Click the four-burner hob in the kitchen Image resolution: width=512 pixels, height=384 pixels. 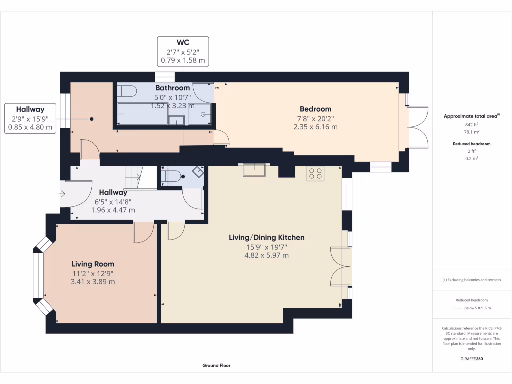(x=315, y=173)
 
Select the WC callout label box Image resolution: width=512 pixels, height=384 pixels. (x=183, y=51)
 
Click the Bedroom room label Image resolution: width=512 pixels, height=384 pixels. (x=315, y=109)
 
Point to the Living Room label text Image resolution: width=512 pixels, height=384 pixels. (x=93, y=264)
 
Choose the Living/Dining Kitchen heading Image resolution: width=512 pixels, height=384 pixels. (x=266, y=237)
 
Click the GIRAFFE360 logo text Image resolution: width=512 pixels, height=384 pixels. (x=472, y=359)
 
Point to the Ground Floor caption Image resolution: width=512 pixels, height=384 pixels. (x=216, y=365)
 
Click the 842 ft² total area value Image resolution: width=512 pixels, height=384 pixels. (x=472, y=125)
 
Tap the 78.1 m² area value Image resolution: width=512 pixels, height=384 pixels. (x=472, y=132)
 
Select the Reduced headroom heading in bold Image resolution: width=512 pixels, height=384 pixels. (x=472, y=144)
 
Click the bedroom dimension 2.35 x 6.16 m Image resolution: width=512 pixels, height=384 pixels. (x=315, y=127)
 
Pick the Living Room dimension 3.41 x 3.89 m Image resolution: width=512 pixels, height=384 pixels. (x=93, y=282)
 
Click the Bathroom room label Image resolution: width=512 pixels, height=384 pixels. (x=172, y=88)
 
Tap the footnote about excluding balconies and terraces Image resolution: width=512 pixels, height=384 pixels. (x=472, y=280)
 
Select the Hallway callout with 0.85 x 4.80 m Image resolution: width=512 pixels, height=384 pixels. (x=30, y=118)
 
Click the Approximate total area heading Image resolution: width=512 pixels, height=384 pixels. (x=472, y=116)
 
